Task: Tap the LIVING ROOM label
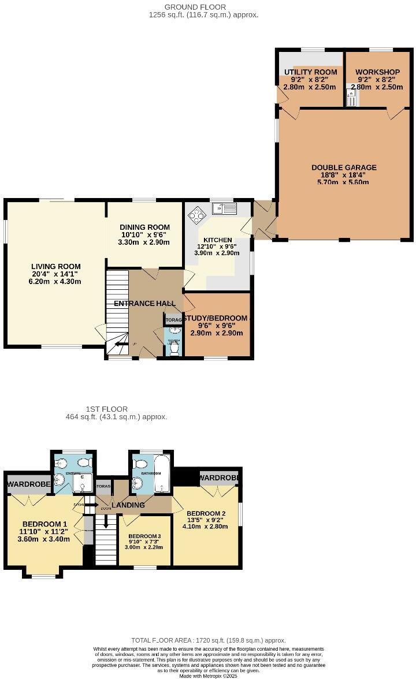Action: pyautogui.click(x=56, y=267)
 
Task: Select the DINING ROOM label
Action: pyautogui.click(x=144, y=227)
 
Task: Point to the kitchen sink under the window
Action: pyautogui.click(x=224, y=208)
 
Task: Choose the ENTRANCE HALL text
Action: pyautogui.click(x=142, y=304)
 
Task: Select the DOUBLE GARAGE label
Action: pyautogui.click(x=344, y=167)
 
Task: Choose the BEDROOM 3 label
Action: pyautogui.click(x=144, y=535)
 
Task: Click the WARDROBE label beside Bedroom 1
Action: pyautogui.click(x=29, y=484)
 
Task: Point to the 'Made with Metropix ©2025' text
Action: pyautogui.click(x=208, y=676)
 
